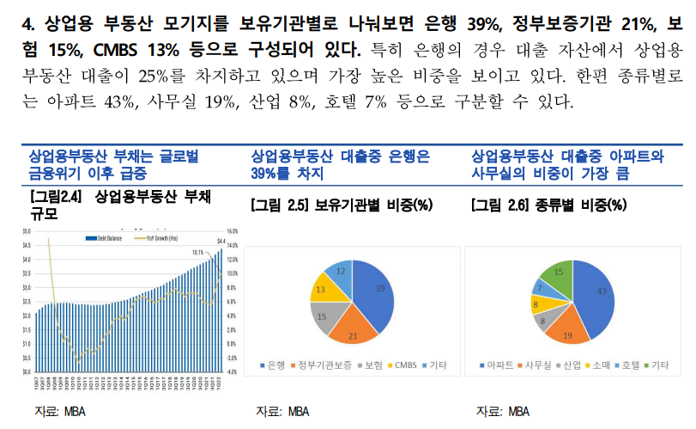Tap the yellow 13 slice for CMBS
[x=322, y=290]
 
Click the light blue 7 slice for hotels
[x=540, y=287]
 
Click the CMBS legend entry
[x=402, y=365]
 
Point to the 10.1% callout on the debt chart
[x=197, y=252]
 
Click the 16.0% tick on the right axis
[x=232, y=231]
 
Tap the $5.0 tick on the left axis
[x=27, y=231]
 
